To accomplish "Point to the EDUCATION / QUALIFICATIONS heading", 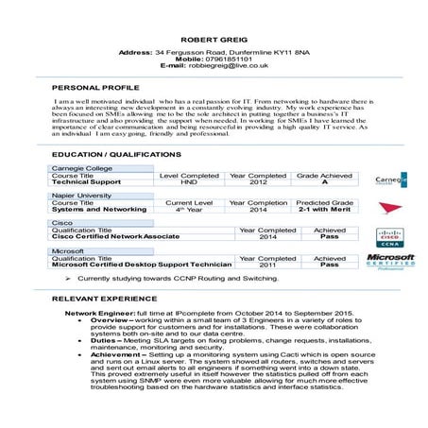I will coord(117,153).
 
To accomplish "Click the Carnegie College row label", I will coord(81,167).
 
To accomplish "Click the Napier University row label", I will coord(81,195).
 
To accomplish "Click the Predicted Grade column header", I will coord(324,202).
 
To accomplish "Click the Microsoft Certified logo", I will coord(390,261).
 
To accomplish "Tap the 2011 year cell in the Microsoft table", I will coord(268,265).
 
